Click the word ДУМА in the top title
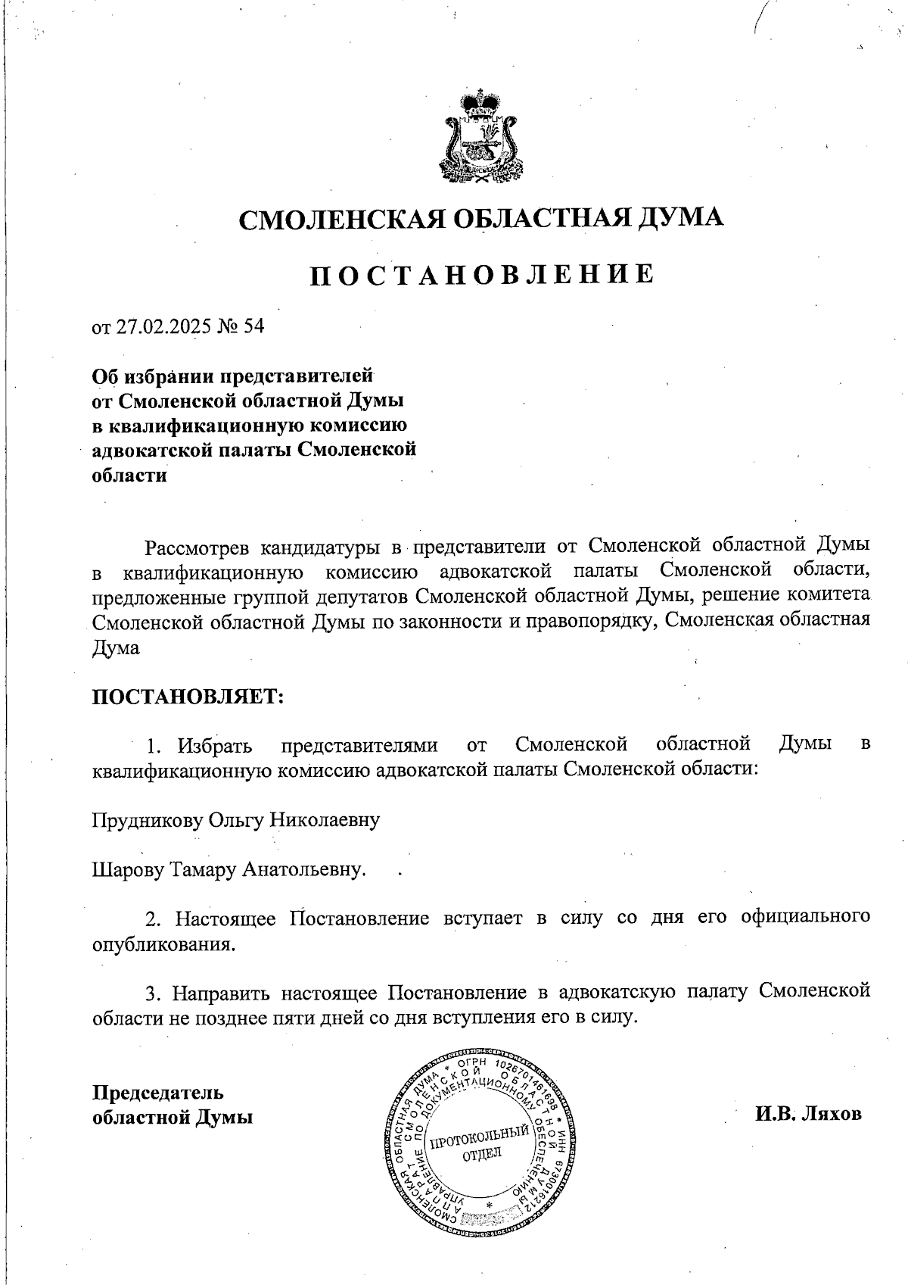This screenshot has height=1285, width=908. coord(680,219)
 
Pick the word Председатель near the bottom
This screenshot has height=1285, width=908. coord(157,1093)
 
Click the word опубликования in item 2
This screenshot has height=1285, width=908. coord(163,946)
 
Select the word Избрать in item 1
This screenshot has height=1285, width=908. coord(215,746)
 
